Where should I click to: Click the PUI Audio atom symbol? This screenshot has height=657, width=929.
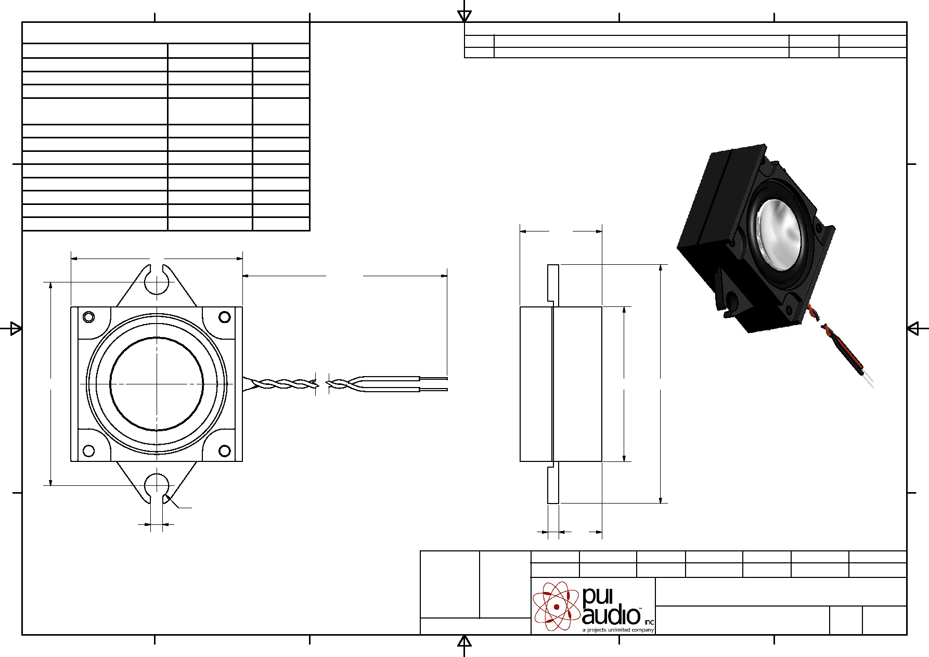tap(556, 606)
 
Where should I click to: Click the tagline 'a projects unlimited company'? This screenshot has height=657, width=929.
tap(618, 630)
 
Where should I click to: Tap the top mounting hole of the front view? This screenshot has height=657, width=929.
tap(157, 282)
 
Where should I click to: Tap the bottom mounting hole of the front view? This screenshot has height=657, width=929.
tap(157, 485)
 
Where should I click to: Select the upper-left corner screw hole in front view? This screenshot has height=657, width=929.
tap(88, 317)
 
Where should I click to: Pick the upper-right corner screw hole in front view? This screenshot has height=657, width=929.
tap(225, 317)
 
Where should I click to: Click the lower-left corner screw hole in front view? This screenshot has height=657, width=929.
tap(88, 450)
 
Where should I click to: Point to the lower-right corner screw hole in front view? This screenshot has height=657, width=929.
tap(225, 450)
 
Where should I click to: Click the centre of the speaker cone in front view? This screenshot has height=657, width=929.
tap(157, 384)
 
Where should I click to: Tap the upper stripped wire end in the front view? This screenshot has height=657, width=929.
tap(433, 378)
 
